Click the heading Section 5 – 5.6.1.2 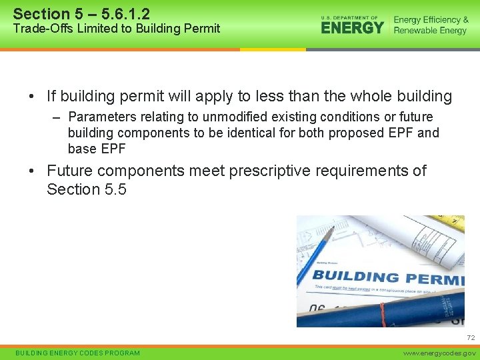pyautogui.click(x=81, y=13)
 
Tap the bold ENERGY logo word pyautogui.click(x=352, y=28)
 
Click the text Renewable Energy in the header pyautogui.click(x=430, y=31)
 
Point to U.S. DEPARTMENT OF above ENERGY pyautogui.click(x=349, y=17)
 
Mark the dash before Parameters pyautogui.click(x=57, y=118)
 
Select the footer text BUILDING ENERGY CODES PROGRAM pyautogui.click(x=78, y=353)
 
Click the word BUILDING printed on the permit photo pyautogui.click(x=355, y=276)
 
